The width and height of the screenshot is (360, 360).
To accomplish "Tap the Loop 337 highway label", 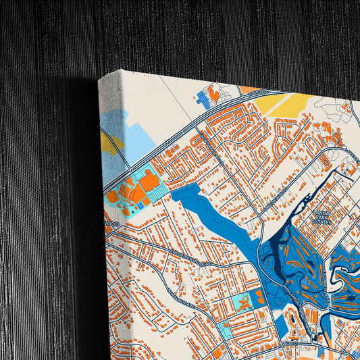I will click(x=259, y=92).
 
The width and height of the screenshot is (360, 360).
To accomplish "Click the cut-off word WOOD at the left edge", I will click(x=112, y=224).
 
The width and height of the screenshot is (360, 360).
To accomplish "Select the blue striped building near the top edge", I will click(x=203, y=99).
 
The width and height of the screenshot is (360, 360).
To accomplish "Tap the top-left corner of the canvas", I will click(x=100, y=80).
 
